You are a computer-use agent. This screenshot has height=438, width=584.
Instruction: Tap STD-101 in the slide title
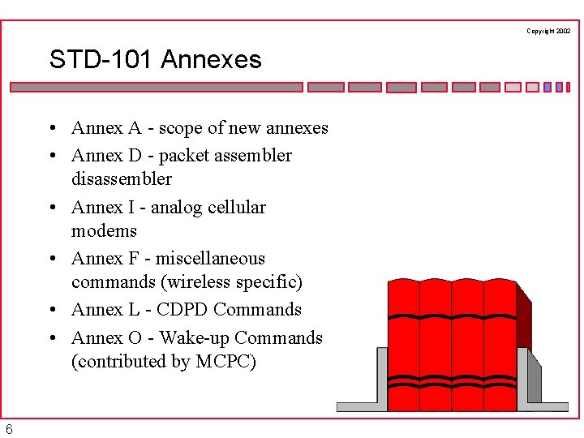click(x=101, y=59)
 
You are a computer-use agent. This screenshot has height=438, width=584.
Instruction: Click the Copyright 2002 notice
click(x=548, y=31)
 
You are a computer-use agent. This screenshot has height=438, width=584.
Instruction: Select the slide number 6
click(x=8, y=429)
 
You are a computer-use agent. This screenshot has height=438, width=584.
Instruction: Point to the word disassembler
click(x=122, y=178)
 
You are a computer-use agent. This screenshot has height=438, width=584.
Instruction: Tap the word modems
click(x=104, y=230)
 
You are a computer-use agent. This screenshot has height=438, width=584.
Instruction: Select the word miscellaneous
click(x=210, y=258)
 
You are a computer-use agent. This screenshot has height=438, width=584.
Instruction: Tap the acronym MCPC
click(x=225, y=361)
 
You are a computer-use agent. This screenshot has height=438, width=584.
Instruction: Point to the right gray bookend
click(x=535, y=381)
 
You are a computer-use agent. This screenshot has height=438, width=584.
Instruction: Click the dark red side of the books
click(x=523, y=316)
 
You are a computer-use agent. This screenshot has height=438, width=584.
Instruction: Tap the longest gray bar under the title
click(x=156, y=87)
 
